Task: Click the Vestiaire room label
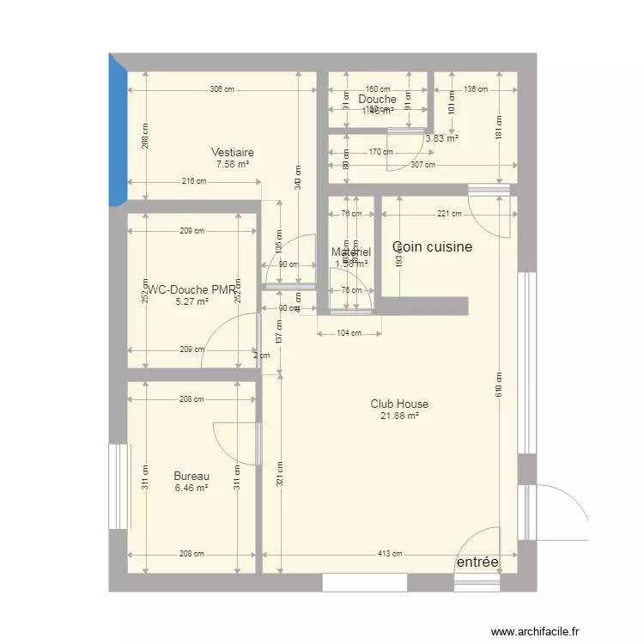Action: (233, 153)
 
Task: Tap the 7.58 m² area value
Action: (233, 164)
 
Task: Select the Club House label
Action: (399, 404)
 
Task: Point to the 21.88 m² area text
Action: (399, 416)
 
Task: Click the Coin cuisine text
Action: (433, 247)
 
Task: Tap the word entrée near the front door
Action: (477, 562)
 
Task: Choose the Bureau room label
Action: (191, 476)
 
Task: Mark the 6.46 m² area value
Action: (191, 488)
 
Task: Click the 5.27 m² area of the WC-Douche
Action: (191, 301)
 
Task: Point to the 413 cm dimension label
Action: (390, 554)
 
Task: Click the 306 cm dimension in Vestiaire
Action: (222, 89)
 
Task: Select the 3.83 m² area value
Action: (441, 138)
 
